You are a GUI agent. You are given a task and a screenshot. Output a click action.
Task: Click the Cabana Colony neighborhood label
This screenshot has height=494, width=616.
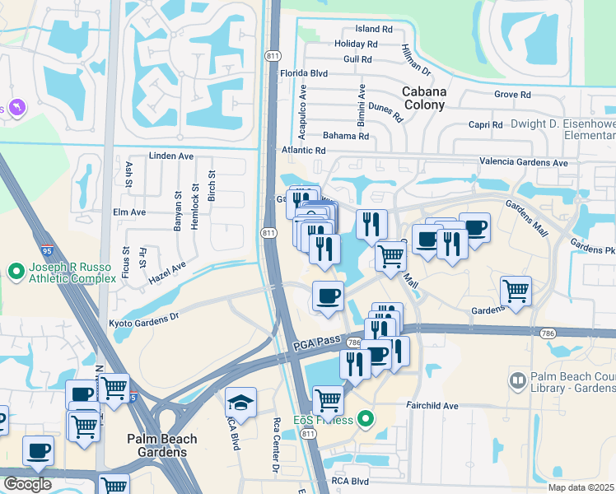(423, 98)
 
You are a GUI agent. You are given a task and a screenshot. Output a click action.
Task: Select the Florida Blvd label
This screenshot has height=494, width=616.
(304, 73)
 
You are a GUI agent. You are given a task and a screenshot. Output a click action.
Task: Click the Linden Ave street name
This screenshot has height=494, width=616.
(170, 156)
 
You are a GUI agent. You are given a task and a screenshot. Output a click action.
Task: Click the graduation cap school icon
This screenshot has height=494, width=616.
(240, 402)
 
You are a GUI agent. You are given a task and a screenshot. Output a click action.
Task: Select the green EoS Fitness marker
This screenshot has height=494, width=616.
(366, 421)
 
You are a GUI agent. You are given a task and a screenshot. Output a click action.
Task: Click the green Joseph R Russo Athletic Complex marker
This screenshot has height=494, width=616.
(15, 270)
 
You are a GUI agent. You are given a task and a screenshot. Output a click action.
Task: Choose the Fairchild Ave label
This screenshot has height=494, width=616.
(431, 406)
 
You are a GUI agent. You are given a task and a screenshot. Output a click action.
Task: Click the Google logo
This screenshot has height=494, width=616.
(26, 483)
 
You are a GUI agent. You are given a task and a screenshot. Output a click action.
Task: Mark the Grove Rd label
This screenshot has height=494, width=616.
(512, 95)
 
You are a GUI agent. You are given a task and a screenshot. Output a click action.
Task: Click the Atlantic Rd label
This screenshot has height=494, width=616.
(304, 151)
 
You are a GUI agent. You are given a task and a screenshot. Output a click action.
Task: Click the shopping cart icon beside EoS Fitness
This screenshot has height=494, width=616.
(328, 400)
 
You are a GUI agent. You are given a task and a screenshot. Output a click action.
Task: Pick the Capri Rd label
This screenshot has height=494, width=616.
(484, 125)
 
